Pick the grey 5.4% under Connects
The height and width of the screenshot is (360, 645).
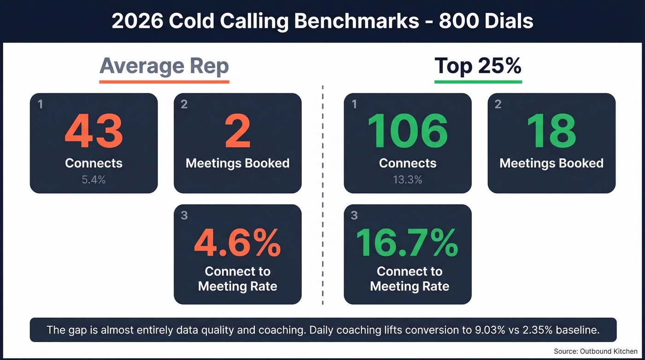click(94, 180)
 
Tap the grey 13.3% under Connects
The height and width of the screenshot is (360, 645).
click(407, 180)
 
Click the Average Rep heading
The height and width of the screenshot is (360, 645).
click(164, 66)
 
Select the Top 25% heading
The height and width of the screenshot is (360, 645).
click(478, 66)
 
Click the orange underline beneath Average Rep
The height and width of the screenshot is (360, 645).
click(164, 82)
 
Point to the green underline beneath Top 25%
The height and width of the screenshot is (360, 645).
click(478, 82)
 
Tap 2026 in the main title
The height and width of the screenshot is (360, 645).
click(137, 21)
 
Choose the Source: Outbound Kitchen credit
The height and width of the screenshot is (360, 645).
click(595, 352)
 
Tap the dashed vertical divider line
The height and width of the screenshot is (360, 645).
click(322, 194)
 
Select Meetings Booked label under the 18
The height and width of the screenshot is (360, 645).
click(551, 163)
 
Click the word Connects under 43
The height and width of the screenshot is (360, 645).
click(94, 163)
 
